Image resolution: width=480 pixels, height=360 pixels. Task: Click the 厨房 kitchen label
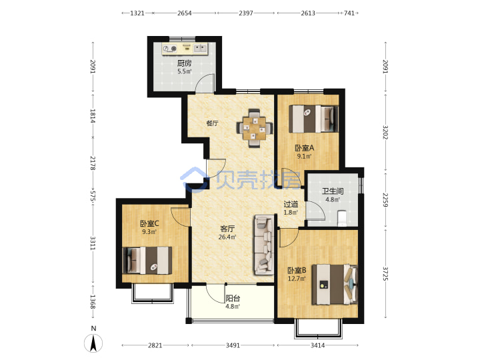tap(184, 63)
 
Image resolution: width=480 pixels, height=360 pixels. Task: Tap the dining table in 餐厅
tap(254, 128)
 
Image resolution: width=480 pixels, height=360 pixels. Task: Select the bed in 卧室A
tap(314, 119)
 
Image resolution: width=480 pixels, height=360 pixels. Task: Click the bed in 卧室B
tap(335, 285)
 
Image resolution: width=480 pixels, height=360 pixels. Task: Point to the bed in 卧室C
tap(147, 260)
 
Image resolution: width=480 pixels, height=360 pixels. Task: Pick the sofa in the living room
tap(263, 245)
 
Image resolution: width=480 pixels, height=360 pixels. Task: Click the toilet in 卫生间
tap(342, 217)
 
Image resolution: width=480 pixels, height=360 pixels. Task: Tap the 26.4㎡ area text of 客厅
tap(227, 237)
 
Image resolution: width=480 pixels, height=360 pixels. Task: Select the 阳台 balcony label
tap(233, 298)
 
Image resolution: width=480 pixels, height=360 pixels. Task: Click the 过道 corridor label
tap(291, 204)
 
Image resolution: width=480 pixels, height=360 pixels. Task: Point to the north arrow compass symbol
tap(93, 343)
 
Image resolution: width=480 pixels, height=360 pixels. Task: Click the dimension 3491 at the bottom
tap(233, 345)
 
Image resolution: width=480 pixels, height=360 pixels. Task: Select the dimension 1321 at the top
tap(137, 13)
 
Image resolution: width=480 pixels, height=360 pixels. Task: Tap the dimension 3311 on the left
tap(93, 243)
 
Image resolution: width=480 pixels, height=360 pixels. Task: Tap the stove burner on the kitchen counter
tap(169, 49)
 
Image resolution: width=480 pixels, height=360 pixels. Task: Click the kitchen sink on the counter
tap(200, 48)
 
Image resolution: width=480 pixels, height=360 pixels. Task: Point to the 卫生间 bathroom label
tap(333, 191)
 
